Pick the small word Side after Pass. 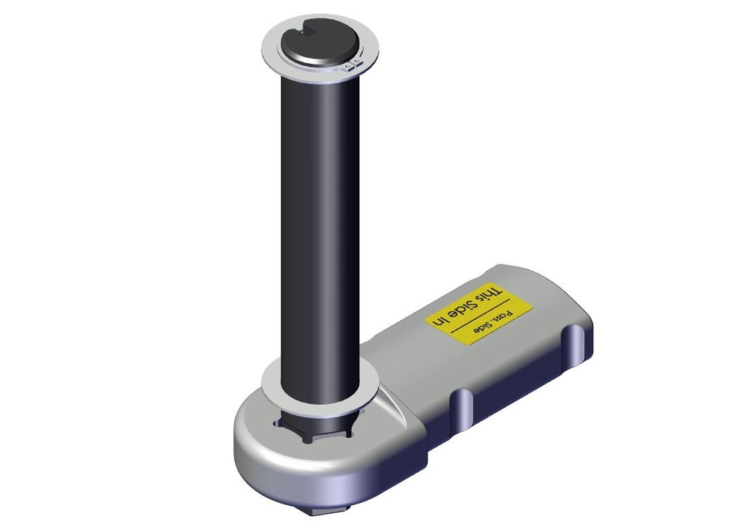483,326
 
